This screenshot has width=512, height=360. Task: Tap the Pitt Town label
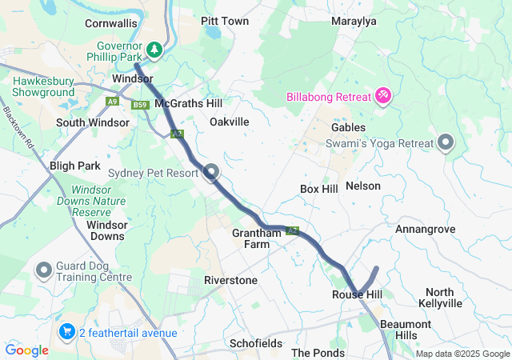225,22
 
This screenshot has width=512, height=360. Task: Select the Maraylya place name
354,22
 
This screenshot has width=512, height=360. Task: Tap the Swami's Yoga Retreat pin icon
446,143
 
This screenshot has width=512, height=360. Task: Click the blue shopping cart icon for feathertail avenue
66,331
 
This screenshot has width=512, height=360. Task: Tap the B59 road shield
141,105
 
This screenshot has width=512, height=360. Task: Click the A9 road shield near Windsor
114,101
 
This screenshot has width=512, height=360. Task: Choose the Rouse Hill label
357,295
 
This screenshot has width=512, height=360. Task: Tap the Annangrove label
425,230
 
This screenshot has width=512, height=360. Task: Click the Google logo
27,350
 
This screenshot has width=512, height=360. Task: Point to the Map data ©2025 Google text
462,354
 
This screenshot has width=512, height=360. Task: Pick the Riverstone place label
230,281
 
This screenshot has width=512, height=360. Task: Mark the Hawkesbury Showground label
49,87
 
